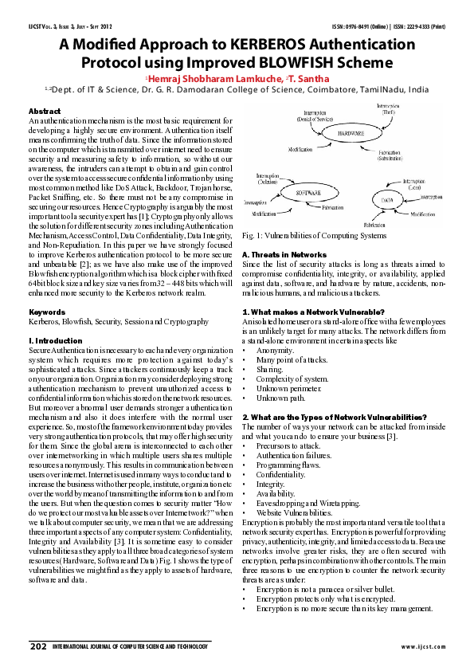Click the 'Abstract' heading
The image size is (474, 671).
tap(44, 111)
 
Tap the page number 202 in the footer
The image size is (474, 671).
tap(37, 645)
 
